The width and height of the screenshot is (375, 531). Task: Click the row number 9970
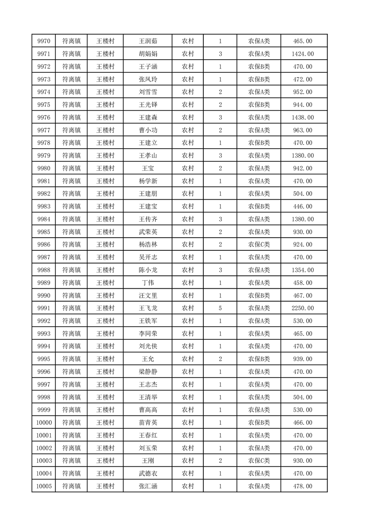(44, 41)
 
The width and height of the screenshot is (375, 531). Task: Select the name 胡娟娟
(147, 54)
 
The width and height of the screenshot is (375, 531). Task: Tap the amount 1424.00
(303, 54)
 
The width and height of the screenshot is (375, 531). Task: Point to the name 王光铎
(147, 105)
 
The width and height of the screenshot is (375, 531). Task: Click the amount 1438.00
(303, 117)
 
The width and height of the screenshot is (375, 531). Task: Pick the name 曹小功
(147, 130)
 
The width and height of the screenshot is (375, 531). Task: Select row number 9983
(44, 206)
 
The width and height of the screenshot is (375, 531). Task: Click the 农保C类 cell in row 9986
(259, 245)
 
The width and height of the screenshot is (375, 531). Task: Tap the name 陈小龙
(147, 270)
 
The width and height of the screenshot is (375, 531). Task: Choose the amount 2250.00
(303, 308)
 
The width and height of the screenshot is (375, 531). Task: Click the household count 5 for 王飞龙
(220, 308)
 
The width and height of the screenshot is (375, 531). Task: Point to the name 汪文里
(147, 296)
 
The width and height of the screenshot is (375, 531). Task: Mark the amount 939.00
(303, 359)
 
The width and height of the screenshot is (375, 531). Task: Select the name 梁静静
(147, 372)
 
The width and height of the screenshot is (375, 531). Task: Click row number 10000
(44, 423)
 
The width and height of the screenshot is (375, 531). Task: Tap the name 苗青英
(147, 423)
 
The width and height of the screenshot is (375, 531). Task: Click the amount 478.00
(303, 486)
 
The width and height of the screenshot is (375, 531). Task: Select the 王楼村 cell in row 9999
(105, 410)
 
